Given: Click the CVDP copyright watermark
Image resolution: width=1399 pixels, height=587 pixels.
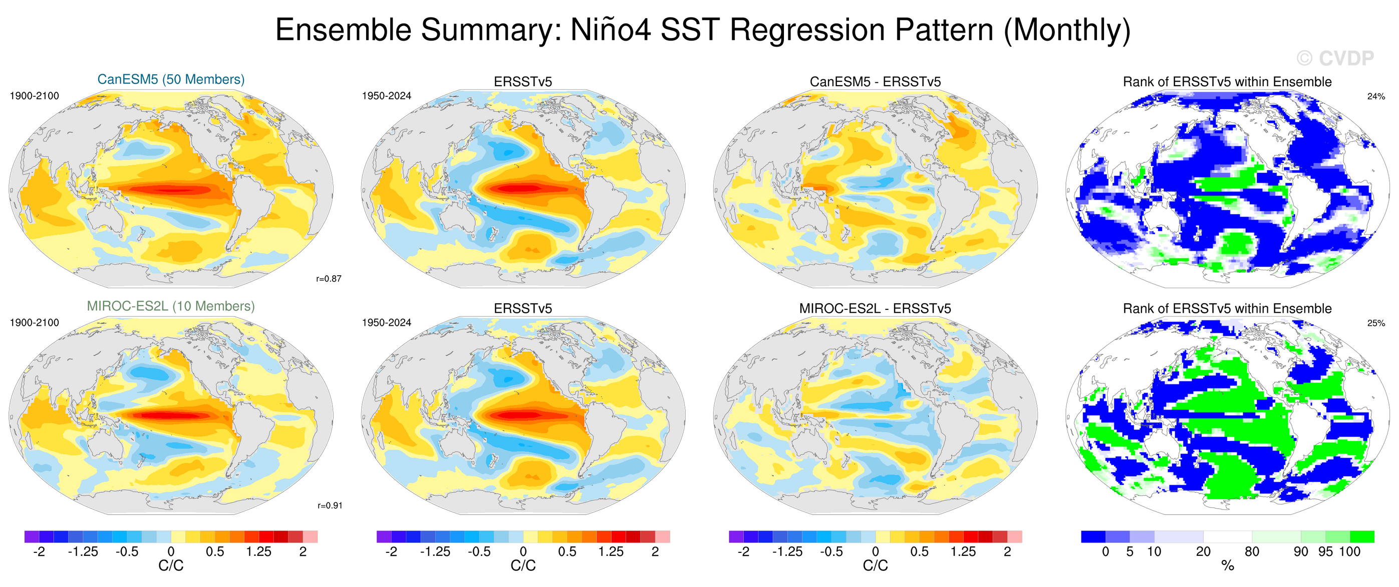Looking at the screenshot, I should tap(1335, 58).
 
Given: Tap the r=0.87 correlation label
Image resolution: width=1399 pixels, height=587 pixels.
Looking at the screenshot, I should tap(329, 279).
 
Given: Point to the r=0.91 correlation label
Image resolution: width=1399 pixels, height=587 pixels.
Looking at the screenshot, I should tap(330, 505).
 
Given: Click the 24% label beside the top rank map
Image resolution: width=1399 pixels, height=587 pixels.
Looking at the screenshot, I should tap(1375, 96).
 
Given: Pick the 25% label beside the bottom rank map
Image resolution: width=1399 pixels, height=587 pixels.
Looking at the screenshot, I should tap(1375, 323).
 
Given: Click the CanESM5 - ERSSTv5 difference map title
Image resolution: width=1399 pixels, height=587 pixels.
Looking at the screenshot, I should tap(875, 82).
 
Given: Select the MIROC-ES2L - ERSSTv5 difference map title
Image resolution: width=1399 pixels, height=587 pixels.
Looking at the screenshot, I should tap(875, 309).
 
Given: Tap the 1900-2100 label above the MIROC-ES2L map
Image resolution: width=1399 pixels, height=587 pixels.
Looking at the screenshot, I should tap(34, 322).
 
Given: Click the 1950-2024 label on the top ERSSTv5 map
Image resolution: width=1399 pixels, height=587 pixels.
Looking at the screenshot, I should tap(387, 96).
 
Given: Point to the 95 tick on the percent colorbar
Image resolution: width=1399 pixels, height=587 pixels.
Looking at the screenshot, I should tap(1325, 552).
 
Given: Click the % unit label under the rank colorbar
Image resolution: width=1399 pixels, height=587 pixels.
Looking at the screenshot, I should tap(1227, 566).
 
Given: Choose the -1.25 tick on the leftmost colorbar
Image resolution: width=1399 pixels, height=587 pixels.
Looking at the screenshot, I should tap(83, 552).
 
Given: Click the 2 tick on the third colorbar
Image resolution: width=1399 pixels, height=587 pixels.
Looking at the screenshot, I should tap(1007, 552).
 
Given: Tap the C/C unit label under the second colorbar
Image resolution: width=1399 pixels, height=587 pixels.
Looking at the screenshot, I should tap(523, 566).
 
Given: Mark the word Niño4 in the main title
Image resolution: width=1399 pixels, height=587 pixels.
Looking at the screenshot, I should tap(611, 30).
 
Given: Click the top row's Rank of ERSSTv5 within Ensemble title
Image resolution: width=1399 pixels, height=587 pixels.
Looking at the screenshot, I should tap(1227, 82).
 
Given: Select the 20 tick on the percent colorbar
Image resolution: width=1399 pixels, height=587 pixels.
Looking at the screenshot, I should tap(1203, 552).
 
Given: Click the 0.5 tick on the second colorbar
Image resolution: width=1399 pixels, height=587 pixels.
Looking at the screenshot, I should tap(567, 552).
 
